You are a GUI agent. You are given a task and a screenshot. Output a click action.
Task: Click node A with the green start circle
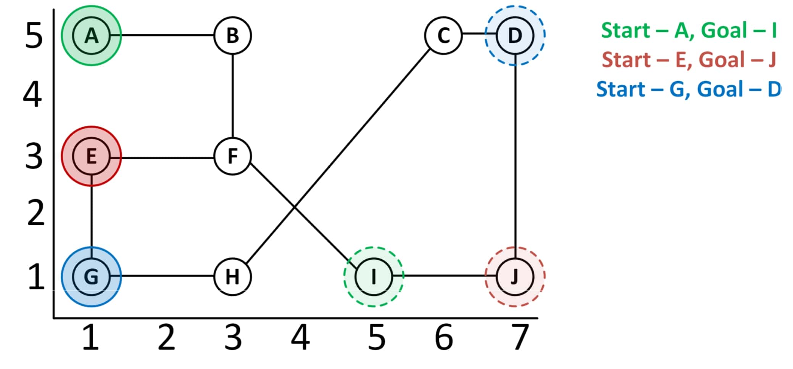(91, 35)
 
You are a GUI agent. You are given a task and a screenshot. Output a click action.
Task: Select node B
(232, 35)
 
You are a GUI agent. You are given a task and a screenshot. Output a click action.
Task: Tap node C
(443, 35)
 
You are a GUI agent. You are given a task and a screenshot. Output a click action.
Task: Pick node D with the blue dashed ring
(515, 35)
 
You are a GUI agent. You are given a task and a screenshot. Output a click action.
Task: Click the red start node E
(91, 156)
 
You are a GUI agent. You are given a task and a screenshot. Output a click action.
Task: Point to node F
(232, 156)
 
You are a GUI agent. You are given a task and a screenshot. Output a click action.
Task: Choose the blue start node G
(91, 276)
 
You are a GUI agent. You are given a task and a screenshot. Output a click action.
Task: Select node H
(232, 276)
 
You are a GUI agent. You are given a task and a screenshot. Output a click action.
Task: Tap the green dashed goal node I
(373, 276)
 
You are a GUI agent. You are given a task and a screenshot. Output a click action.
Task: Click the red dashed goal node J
(515, 276)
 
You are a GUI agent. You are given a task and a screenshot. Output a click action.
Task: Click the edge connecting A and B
(162, 35)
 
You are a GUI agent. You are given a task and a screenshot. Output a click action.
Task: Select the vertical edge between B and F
(232, 95)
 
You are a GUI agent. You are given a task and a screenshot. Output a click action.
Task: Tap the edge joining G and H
(162, 276)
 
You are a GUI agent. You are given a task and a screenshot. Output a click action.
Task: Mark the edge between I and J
(445, 276)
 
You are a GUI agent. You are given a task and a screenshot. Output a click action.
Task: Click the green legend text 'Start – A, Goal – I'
(689, 30)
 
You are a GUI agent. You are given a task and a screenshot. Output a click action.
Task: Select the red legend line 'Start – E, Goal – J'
(689, 60)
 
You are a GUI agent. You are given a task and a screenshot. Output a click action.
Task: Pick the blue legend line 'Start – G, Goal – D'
(689, 89)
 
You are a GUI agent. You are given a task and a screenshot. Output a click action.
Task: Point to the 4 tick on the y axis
(33, 94)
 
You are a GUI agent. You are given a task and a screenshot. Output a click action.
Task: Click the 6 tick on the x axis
(444, 337)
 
